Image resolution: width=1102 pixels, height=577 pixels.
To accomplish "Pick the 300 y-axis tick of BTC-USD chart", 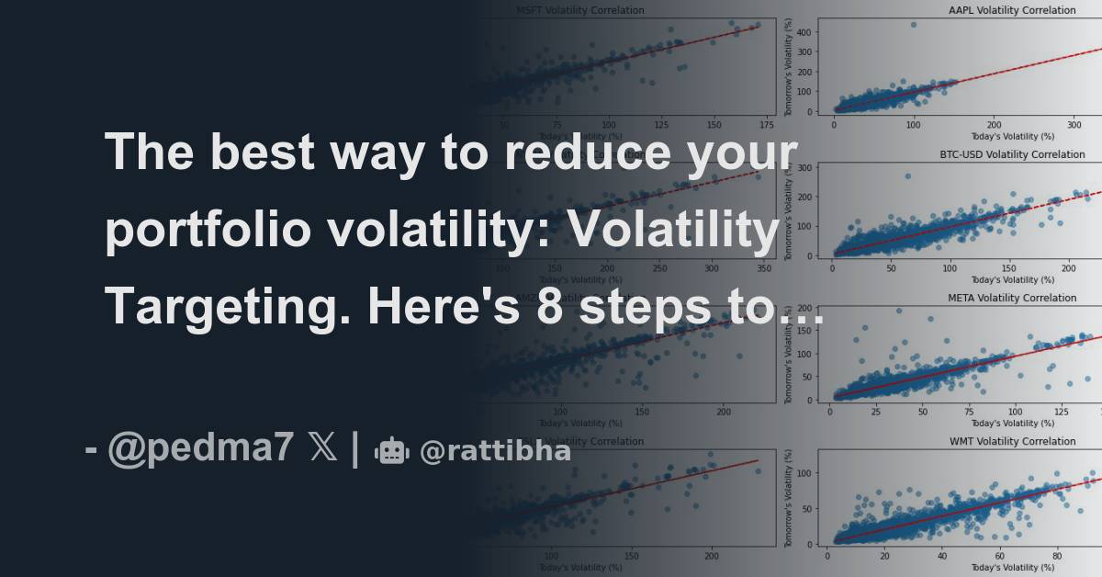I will (x=804, y=167).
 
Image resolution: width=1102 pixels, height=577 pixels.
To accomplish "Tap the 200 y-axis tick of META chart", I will (x=804, y=308).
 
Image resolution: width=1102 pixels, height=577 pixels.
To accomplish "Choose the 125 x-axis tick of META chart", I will (x=1062, y=412).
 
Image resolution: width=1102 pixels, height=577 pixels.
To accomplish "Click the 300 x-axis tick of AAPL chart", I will (x=1074, y=124).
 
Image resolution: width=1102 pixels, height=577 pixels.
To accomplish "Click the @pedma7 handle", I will (x=201, y=449).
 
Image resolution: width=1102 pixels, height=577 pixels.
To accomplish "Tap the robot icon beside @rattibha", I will (x=391, y=450).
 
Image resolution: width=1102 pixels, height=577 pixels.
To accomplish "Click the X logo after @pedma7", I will (x=323, y=449).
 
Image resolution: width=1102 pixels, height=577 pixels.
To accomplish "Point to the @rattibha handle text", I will (x=495, y=451).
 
